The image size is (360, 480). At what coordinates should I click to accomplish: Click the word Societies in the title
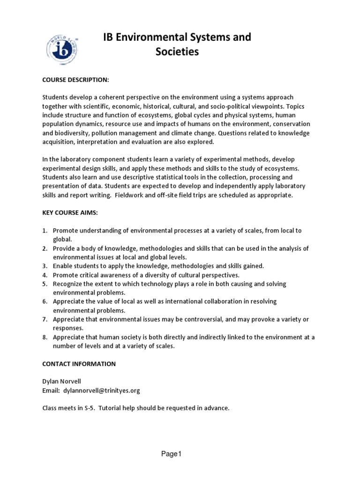(x=177, y=52)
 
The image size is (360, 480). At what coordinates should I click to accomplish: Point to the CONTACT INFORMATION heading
(x=79, y=364)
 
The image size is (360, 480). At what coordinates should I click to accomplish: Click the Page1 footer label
(x=171, y=454)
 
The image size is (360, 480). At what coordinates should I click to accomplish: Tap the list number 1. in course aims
(x=45, y=230)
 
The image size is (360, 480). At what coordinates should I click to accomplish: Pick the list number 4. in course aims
(x=45, y=275)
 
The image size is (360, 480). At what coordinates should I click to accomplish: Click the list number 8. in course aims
(x=45, y=337)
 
